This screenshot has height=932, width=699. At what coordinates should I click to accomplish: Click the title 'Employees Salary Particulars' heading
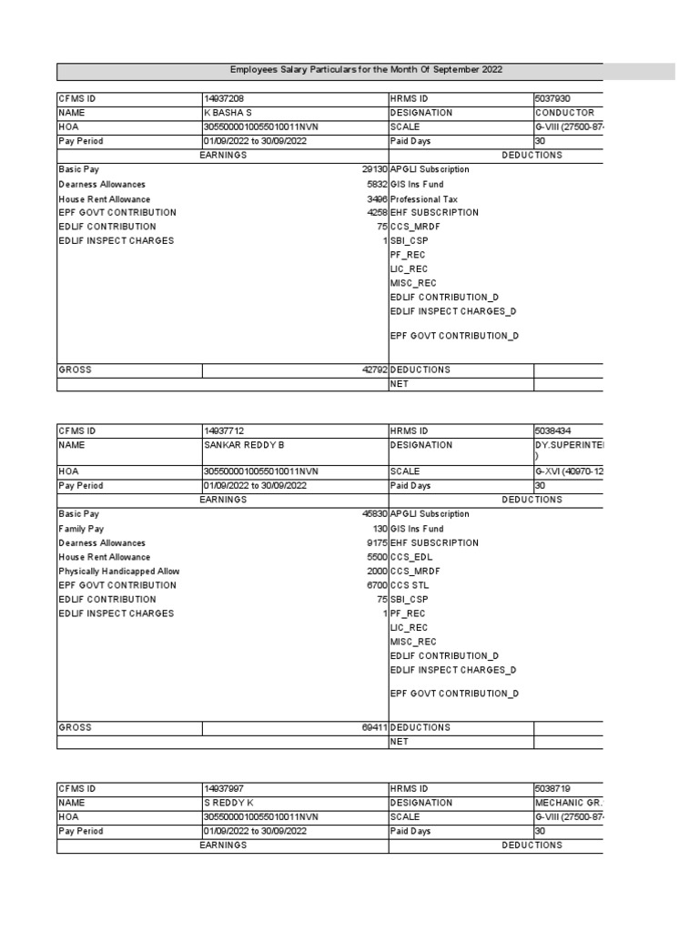[366, 70]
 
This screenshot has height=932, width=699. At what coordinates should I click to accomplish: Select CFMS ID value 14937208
[224, 98]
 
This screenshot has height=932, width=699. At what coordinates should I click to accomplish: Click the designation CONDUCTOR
[564, 113]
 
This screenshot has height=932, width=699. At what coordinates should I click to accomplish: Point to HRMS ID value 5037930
[552, 98]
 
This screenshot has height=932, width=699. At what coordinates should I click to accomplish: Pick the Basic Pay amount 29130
[375, 169]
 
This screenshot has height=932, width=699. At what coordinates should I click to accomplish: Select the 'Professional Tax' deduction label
[424, 198]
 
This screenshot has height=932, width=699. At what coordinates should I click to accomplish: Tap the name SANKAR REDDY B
[244, 445]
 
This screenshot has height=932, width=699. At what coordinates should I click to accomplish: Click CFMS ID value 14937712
[224, 431]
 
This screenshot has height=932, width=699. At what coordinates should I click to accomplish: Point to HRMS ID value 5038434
[552, 431]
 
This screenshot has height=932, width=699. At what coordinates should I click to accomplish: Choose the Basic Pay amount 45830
[375, 514]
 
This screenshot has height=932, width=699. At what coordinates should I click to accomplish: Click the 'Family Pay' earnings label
[81, 529]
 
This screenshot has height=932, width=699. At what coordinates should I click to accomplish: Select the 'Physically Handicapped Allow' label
[119, 572]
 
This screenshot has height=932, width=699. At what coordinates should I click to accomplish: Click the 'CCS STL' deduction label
[410, 585]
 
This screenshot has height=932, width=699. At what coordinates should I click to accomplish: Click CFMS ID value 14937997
[224, 788]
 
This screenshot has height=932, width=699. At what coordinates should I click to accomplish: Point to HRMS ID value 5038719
[552, 788]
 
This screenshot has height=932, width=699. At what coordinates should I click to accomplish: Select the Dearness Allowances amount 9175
[378, 542]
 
